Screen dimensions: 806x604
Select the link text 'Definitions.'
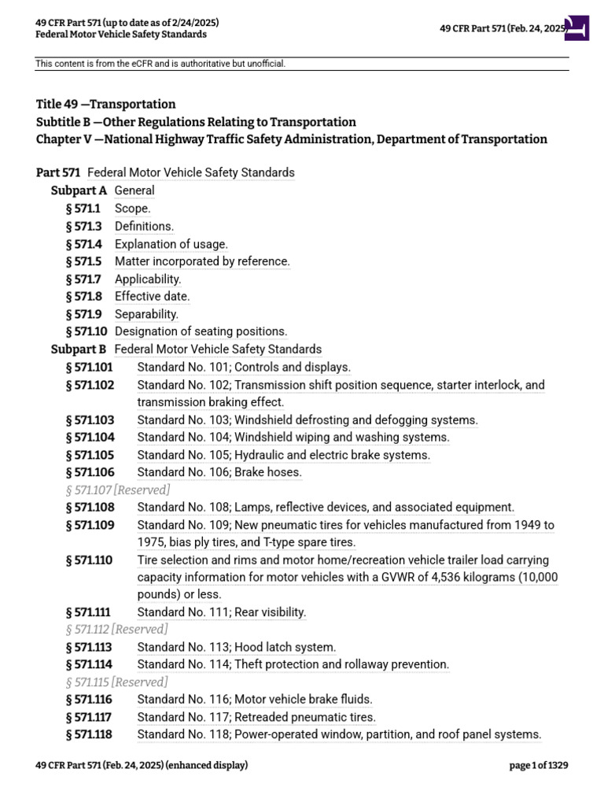(144, 227)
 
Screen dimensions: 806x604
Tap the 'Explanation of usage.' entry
(171, 244)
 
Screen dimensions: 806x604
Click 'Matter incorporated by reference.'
(202, 261)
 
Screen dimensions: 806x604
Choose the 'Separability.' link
(146, 314)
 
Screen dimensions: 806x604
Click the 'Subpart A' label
(79, 190)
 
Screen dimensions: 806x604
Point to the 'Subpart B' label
(79, 349)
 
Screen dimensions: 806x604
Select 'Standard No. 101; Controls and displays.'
(244, 367)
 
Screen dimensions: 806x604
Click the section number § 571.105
(90, 455)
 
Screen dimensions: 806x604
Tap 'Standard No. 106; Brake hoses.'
(219, 472)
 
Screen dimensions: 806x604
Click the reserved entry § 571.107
(118, 490)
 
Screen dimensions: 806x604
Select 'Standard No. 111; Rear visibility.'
(221, 612)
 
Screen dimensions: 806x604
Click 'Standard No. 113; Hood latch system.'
(236, 647)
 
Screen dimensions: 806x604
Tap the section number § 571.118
(90, 734)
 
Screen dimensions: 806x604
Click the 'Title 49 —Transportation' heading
(105, 105)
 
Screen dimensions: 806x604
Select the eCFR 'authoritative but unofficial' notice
(160, 64)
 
